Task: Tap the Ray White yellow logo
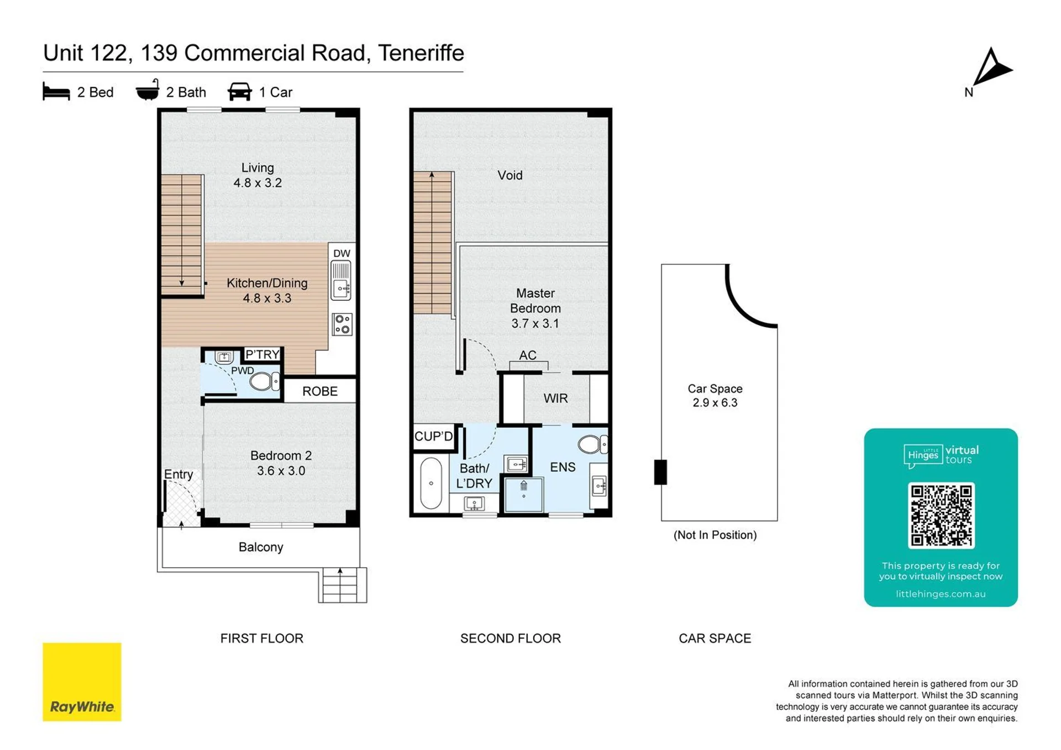tap(82, 681)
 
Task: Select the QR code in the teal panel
tap(941, 515)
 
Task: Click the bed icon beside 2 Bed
tap(56, 92)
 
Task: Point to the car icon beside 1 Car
tap(240, 92)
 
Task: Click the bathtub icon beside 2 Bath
tap(148, 90)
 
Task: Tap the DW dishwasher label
tap(342, 253)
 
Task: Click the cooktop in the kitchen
tap(342, 324)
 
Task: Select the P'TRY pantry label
tap(262, 354)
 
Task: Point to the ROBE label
tap(320, 391)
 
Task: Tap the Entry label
tap(178, 474)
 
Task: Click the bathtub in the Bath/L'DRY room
tap(431, 482)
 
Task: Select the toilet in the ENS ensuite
tap(592, 444)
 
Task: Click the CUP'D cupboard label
tap(434, 436)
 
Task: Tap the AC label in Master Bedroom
tap(528, 355)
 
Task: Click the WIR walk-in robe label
tap(555, 398)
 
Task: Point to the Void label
tap(510, 175)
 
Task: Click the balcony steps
tap(342, 585)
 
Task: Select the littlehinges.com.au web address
tap(941, 594)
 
